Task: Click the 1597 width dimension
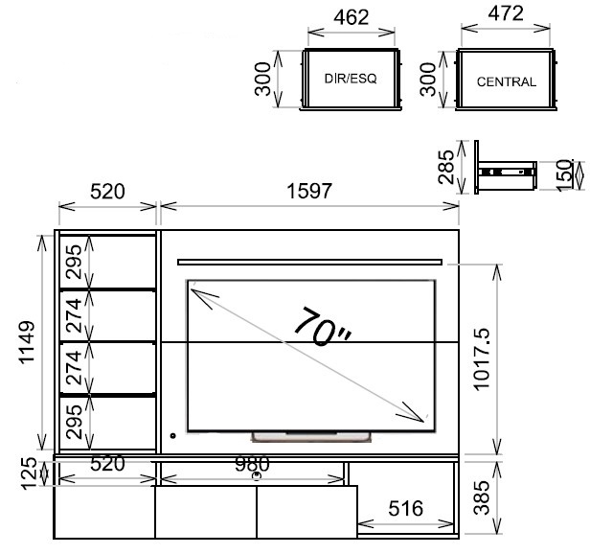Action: click(x=309, y=191)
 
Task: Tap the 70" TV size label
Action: click(x=322, y=327)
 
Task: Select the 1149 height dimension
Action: click(x=27, y=342)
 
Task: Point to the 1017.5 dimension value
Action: click(x=482, y=359)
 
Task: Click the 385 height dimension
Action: click(x=482, y=497)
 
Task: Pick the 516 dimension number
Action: click(x=406, y=508)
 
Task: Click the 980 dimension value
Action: click(x=252, y=464)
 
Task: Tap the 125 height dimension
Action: click(x=30, y=473)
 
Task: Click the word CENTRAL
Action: click(x=507, y=81)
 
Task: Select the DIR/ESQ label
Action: click(x=351, y=79)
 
